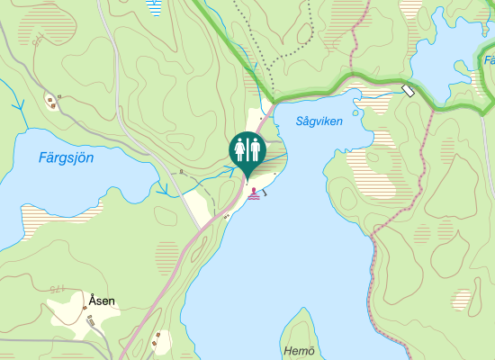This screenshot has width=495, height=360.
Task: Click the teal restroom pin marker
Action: pos(247,150)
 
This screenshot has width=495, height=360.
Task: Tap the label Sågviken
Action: pos(319,121)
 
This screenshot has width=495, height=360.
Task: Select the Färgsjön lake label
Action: pos(67,157)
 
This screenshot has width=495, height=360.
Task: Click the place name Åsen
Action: pos(102,300)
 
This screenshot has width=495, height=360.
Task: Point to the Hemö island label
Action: pos(299,351)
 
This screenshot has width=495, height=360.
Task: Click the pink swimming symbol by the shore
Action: pos(256,193)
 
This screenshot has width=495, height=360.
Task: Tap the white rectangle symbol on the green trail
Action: pos(408,90)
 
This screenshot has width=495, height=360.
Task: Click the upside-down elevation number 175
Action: pos(58,290)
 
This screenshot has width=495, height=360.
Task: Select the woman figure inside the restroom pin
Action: pos(240,148)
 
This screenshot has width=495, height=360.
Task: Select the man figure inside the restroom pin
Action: pos(255,148)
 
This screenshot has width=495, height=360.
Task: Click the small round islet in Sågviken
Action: pos(356,112)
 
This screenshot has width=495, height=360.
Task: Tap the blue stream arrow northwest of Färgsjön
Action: pos(18,106)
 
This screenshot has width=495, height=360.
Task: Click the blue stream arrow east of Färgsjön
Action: pos(163,190)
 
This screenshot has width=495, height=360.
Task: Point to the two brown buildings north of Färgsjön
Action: pos(52,101)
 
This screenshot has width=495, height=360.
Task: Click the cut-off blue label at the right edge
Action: pos(490,61)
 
